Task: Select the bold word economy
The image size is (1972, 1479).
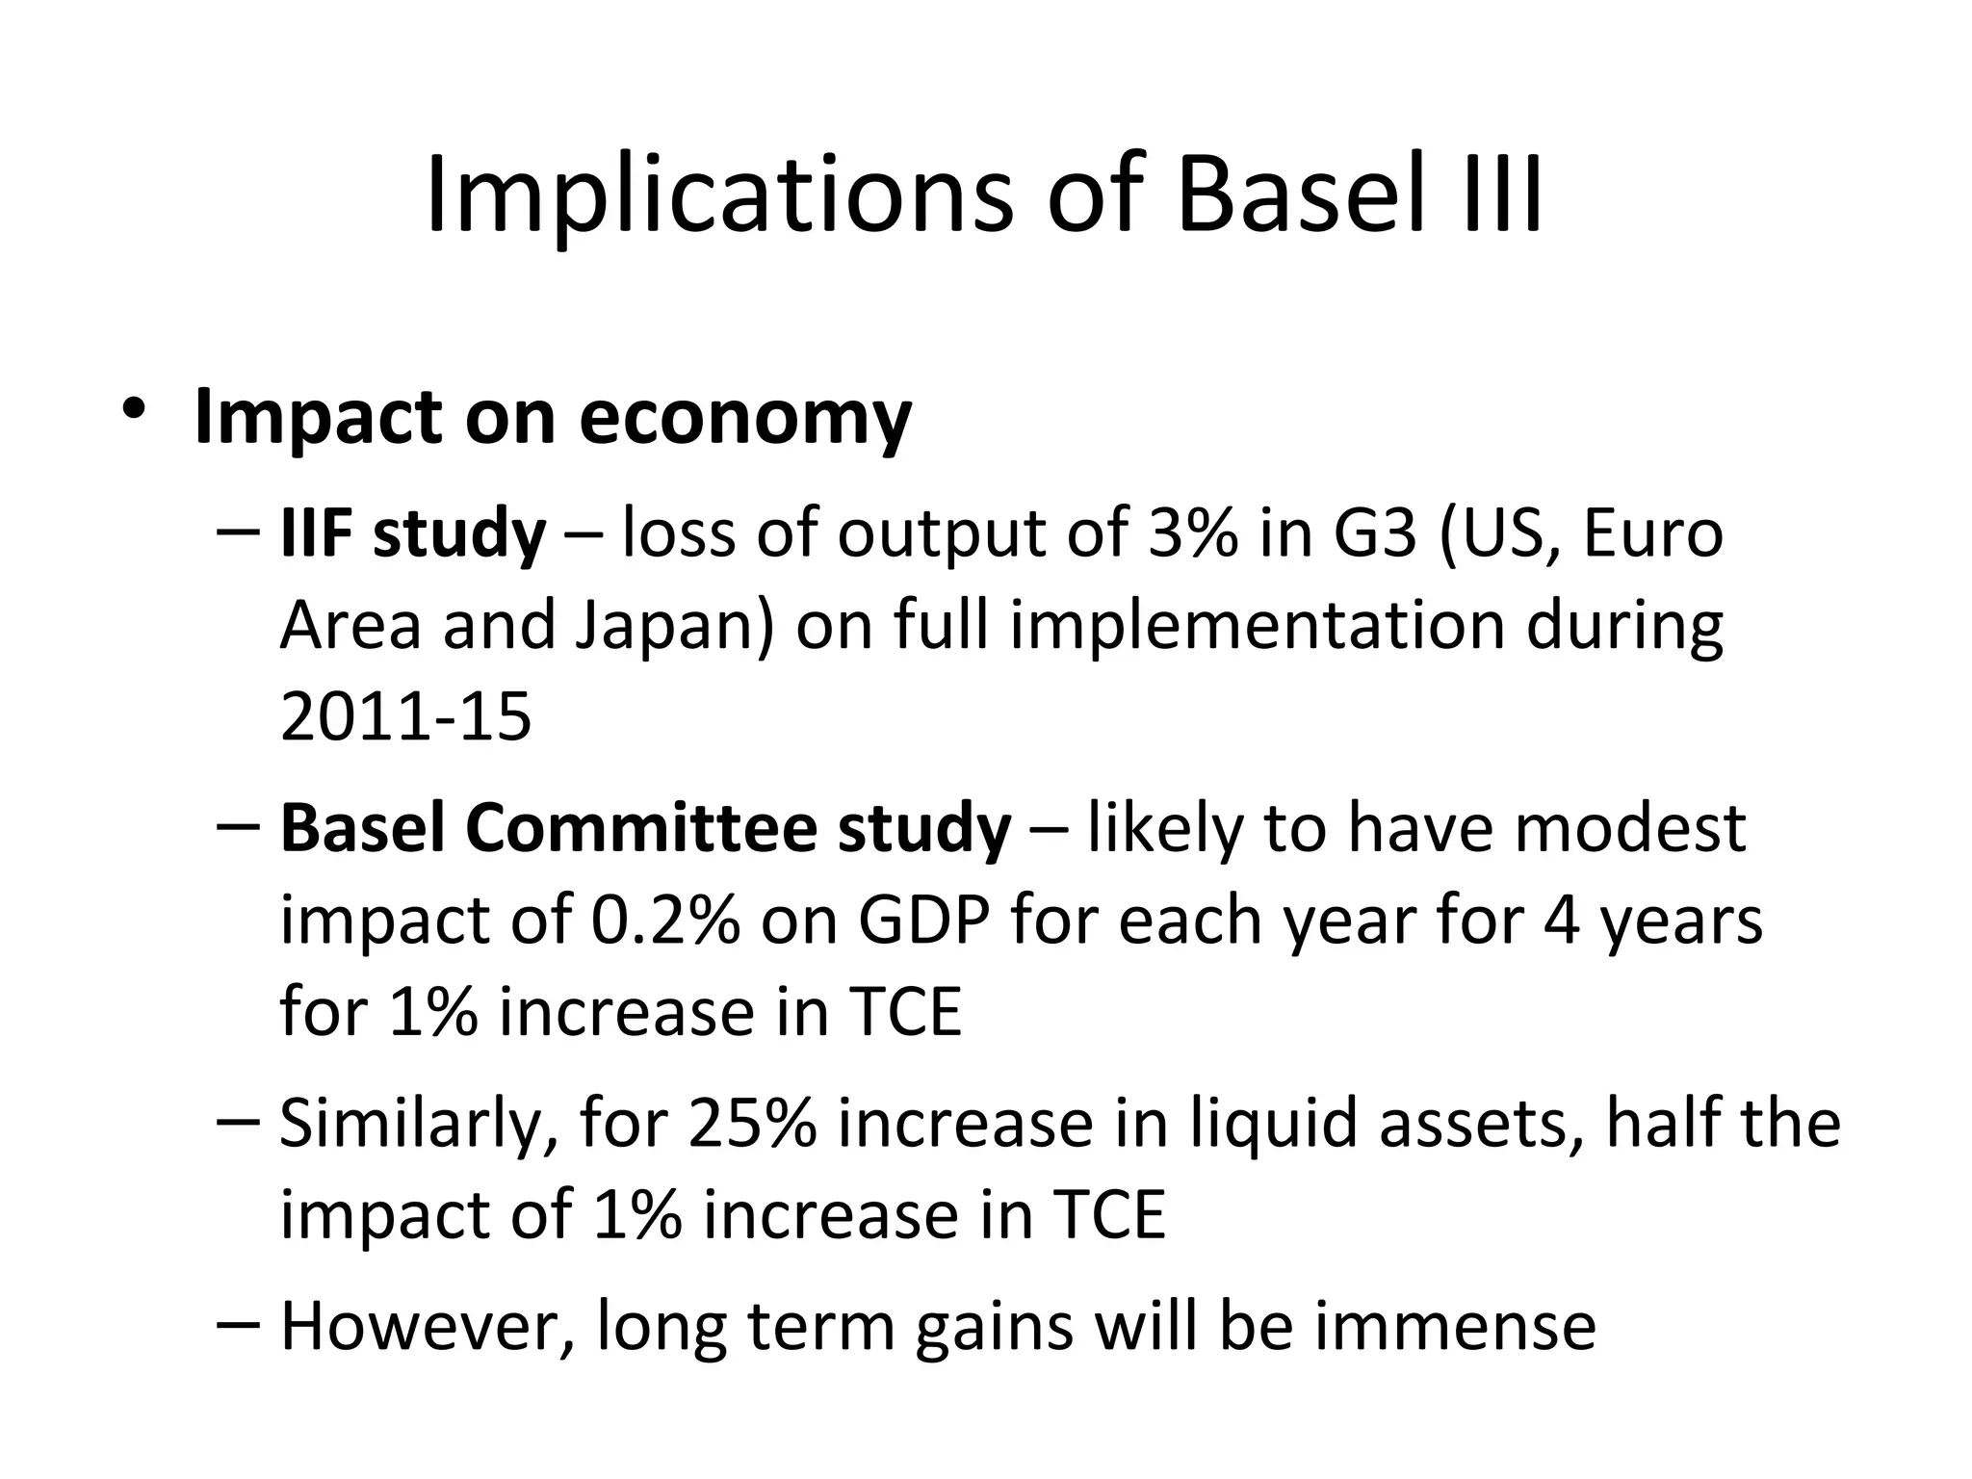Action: pyautogui.click(x=745, y=419)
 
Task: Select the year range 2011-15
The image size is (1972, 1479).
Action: pyautogui.click(x=405, y=717)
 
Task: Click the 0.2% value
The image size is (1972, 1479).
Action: pyautogui.click(x=665, y=921)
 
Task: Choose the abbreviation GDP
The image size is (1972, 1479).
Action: pyautogui.click(x=923, y=921)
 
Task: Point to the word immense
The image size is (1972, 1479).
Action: pyautogui.click(x=1455, y=1327)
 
